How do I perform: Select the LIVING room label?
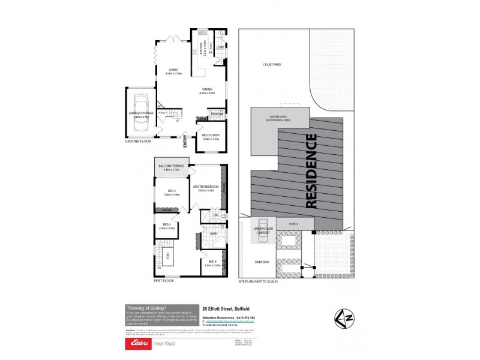pos(174,70)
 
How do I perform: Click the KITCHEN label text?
pos(203,44)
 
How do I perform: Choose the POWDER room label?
pos(217,114)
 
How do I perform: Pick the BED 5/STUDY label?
pos(211,136)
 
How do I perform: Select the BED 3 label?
pos(166,225)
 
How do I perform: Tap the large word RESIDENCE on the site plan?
pos(311,171)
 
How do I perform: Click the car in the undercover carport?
pos(262,238)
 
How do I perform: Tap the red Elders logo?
pos(136,343)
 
